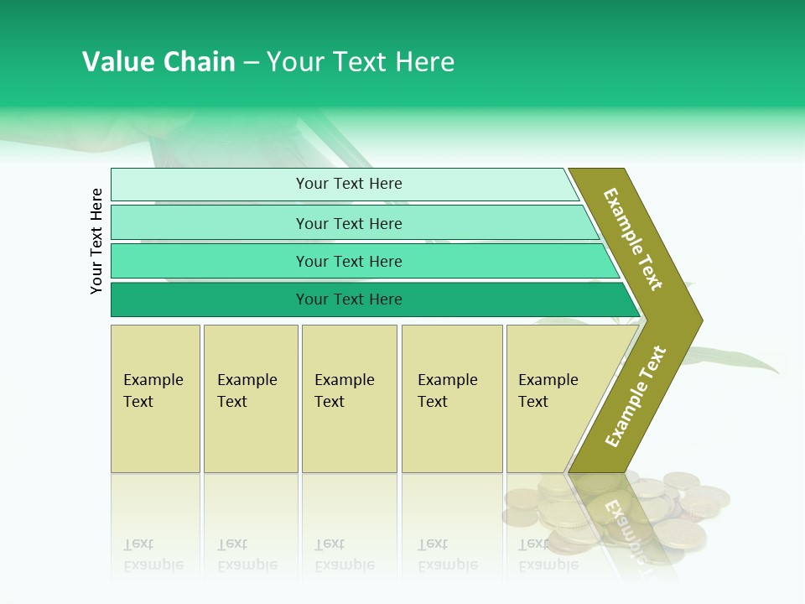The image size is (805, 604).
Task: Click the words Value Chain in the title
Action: [x=158, y=62]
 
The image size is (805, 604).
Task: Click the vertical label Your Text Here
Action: [x=97, y=241]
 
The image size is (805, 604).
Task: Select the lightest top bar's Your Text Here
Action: [x=349, y=184]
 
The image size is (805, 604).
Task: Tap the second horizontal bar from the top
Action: [x=349, y=223]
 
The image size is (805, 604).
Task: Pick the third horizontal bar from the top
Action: [x=349, y=261]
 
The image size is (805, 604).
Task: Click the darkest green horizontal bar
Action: [x=349, y=299]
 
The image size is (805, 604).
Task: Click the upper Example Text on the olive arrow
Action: [x=633, y=239]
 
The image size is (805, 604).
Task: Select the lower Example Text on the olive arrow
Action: [x=636, y=397]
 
